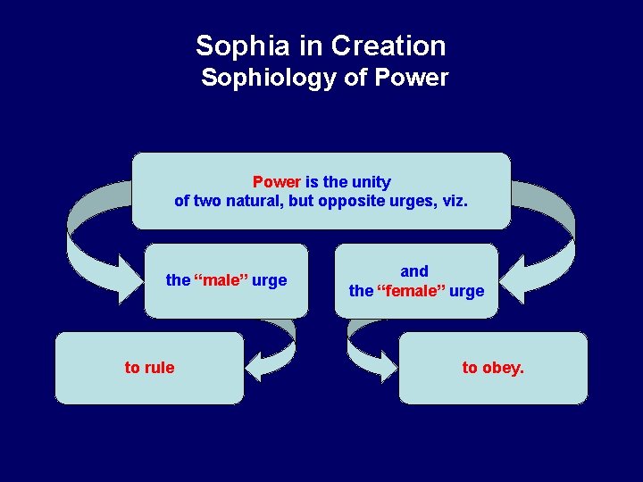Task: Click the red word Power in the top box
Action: tap(276, 182)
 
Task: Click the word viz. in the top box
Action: tap(453, 201)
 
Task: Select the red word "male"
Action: tap(221, 280)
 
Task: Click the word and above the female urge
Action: tap(414, 270)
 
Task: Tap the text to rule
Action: tap(149, 368)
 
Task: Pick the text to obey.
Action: tap(493, 368)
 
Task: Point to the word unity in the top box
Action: tap(372, 182)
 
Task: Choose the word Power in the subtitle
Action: tap(412, 78)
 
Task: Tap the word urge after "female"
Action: tap(467, 290)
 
